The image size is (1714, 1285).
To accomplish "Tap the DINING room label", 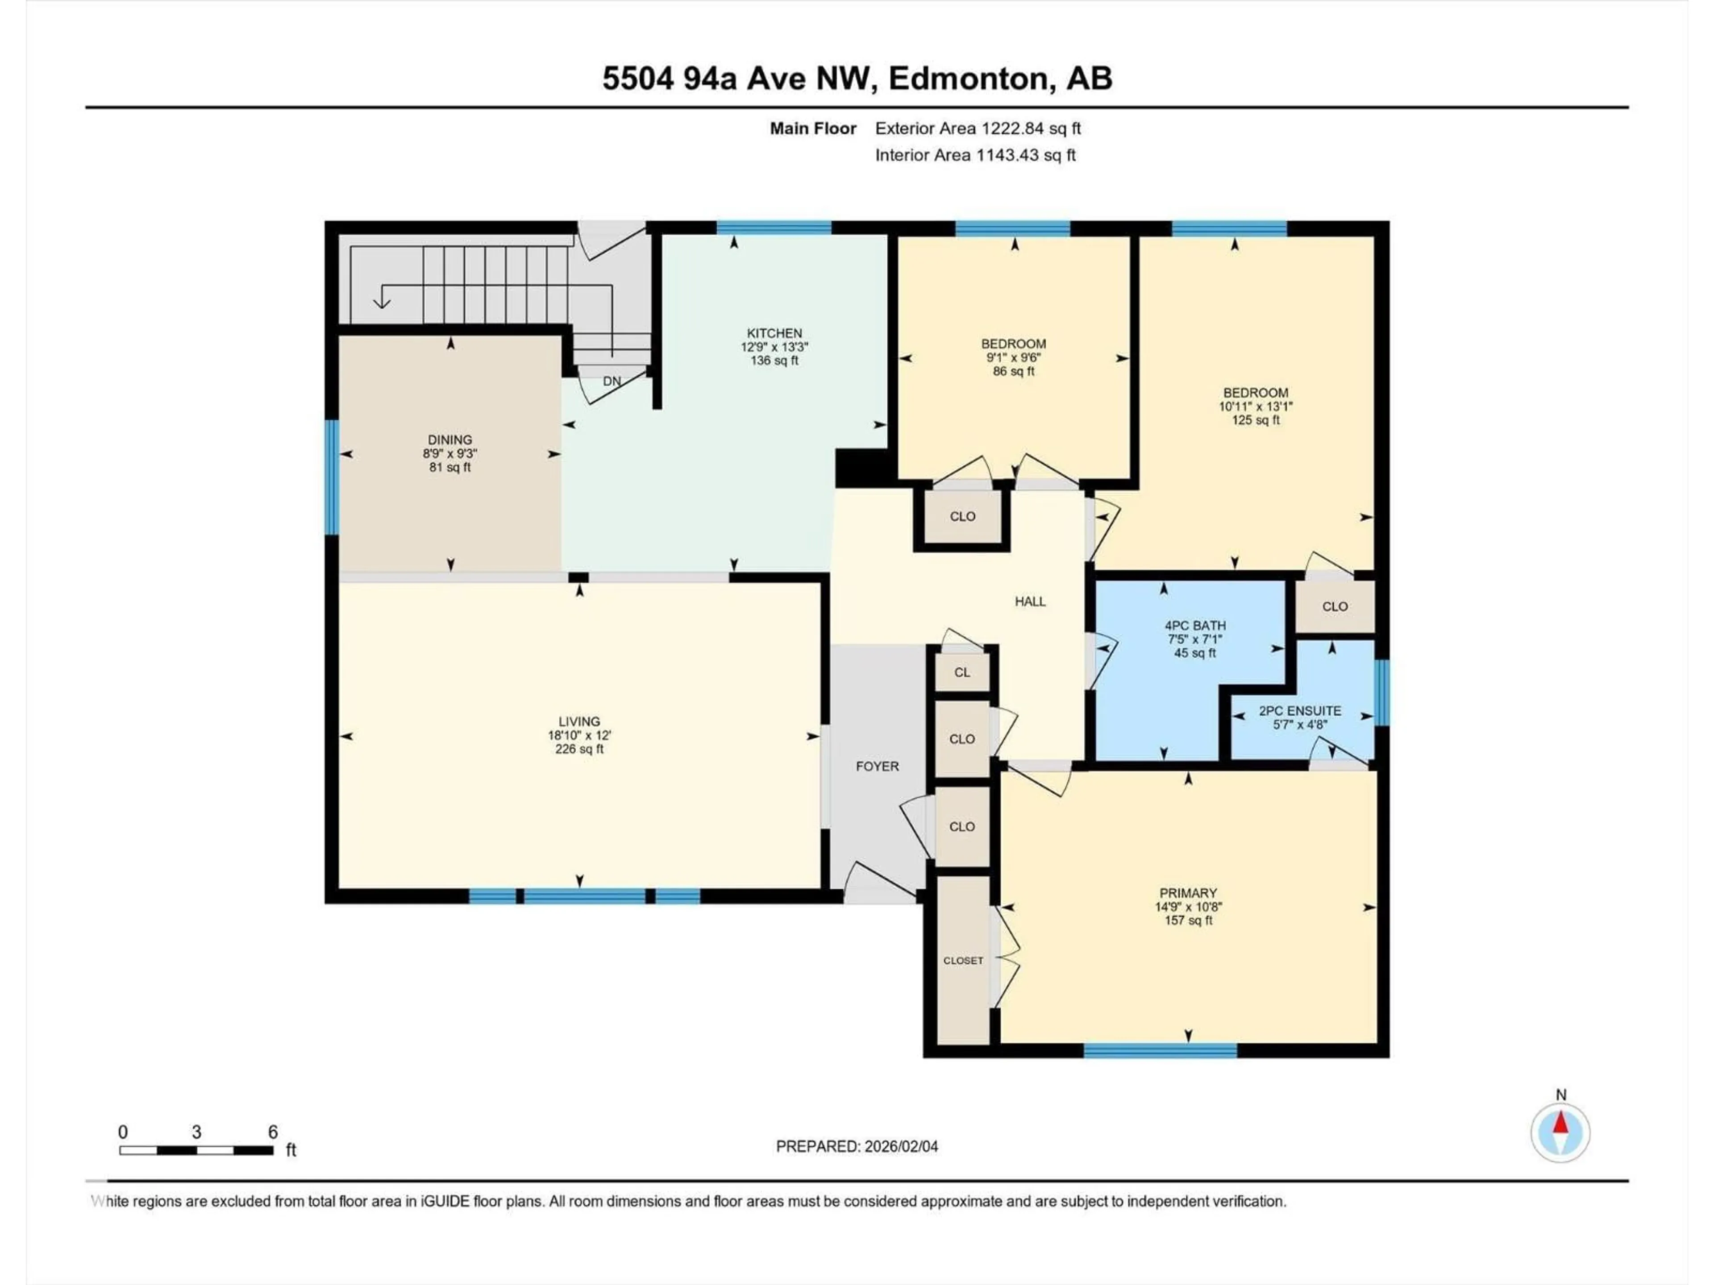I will [x=449, y=439].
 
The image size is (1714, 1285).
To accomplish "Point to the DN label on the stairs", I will [x=612, y=381].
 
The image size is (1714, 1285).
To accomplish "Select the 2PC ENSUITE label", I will [x=1299, y=710].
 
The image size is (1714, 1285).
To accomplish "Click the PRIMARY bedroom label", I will [x=1187, y=893].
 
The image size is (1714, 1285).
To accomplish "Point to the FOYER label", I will [x=877, y=766].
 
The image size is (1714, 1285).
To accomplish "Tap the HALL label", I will [x=1030, y=601].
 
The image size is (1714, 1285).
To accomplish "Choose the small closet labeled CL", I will [x=961, y=672].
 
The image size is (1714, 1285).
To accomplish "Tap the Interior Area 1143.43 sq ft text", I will [x=975, y=155].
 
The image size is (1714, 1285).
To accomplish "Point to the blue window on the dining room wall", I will [x=332, y=477].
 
